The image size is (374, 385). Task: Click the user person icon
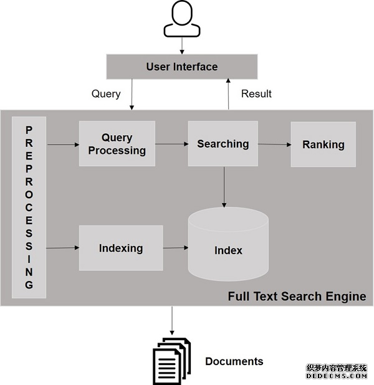182,21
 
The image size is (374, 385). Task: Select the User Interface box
182,67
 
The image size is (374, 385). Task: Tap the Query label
106,93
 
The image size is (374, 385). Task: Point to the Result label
256,93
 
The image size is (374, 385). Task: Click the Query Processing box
117,144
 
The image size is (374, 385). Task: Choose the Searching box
223,144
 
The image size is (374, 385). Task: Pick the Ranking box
323,145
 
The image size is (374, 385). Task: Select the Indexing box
120,248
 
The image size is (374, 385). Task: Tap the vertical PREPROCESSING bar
29,207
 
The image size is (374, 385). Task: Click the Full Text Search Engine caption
297,296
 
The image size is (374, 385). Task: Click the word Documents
234,361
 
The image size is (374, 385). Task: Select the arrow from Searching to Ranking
274,145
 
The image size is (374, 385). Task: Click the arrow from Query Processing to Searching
171,144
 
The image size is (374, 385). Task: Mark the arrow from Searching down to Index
224,186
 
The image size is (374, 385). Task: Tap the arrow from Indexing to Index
175,248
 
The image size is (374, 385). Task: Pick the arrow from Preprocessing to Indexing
63,248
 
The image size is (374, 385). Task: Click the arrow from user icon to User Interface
182,45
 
